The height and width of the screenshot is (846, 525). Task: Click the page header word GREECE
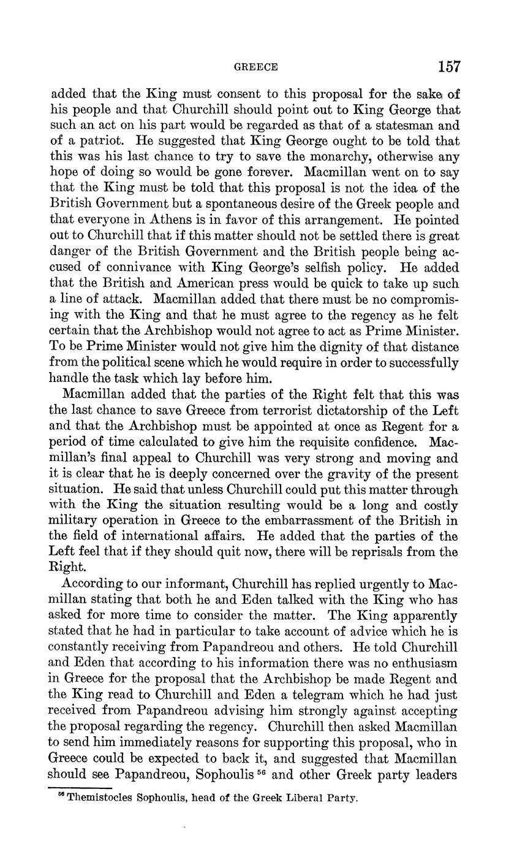pos(256,67)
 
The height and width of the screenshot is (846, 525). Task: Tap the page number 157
pos(448,66)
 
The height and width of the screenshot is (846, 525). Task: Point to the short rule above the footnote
pos(80,788)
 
